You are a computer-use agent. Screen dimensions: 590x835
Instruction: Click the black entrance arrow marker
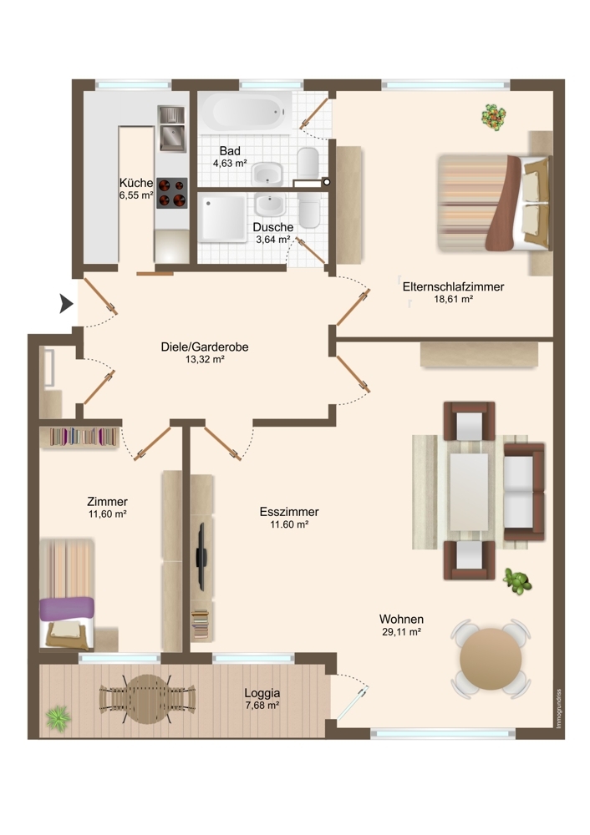[65, 304]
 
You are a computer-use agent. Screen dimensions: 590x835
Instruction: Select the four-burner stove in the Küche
[171, 193]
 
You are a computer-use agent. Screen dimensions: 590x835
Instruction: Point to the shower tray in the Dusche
[222, 217]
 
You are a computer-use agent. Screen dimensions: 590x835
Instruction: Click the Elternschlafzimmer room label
[453, 286]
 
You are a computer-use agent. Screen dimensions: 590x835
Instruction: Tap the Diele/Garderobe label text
[205, 347]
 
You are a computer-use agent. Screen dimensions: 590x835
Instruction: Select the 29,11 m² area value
[401, 632]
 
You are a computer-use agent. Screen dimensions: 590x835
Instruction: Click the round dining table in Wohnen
[491, 660]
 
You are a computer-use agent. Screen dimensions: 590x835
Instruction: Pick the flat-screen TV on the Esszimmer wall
[201, 556]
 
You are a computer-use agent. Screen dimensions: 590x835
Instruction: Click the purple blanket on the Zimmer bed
[67, 609]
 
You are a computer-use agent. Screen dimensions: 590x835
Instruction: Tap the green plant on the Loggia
[58, 718]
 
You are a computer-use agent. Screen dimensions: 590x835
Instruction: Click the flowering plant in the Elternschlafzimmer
[494, 117]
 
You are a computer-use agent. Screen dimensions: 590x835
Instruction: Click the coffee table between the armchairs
[469, 492]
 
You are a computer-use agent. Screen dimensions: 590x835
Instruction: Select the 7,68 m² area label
[262, 705]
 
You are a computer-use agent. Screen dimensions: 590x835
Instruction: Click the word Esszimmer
[289, 512]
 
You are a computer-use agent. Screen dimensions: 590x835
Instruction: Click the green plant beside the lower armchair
[517, 581]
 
